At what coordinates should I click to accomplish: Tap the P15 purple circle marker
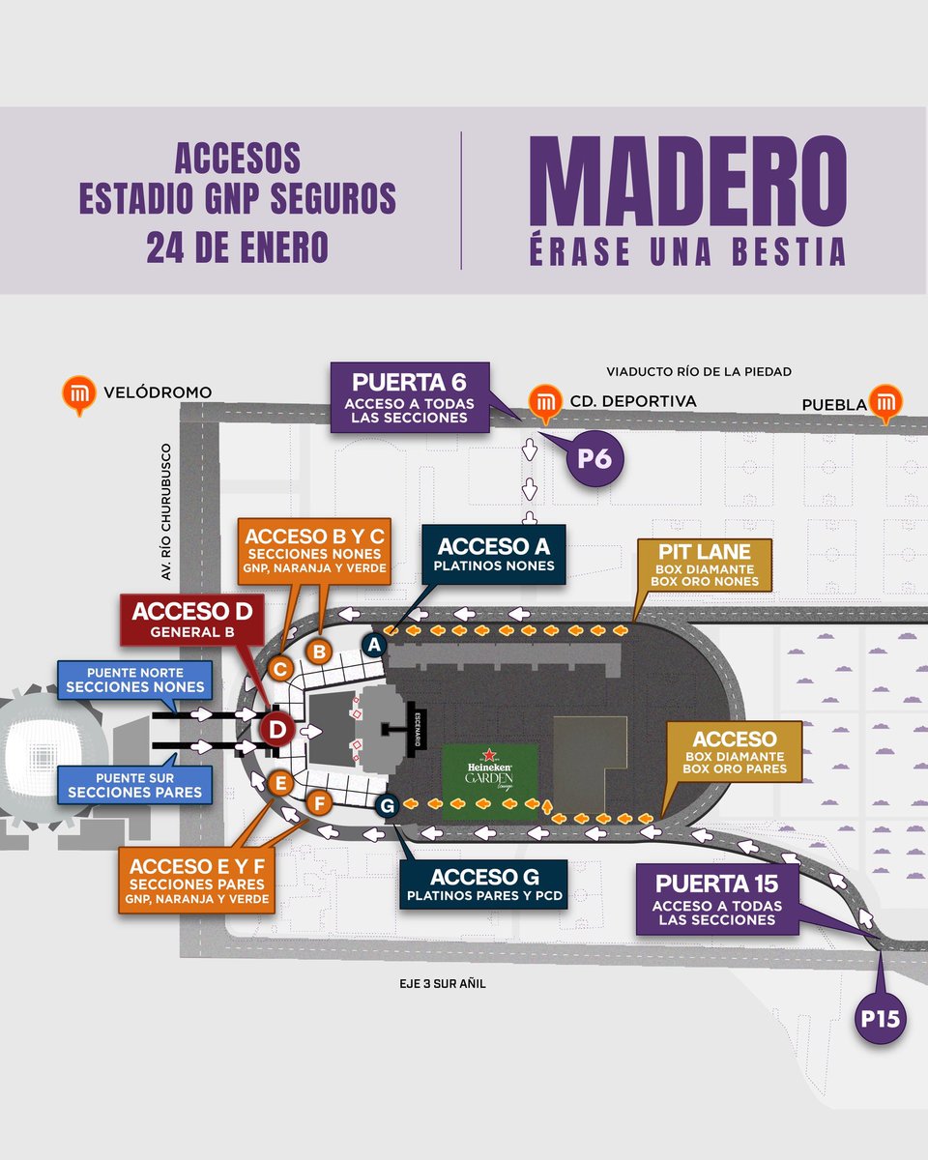[x=882, y=1019]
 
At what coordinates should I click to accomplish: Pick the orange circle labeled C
[x=279, y=668]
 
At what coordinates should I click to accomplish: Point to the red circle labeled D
[x=276, y=731]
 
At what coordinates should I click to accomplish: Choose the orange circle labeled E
[x=281, y=783]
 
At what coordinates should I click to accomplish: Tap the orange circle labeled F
[x=320, y=801]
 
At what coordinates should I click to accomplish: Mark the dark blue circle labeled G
[x=387, y=803]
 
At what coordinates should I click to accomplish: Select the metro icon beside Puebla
[x=884, y=402]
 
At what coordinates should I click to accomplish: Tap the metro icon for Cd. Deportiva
[x=546, y=403]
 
